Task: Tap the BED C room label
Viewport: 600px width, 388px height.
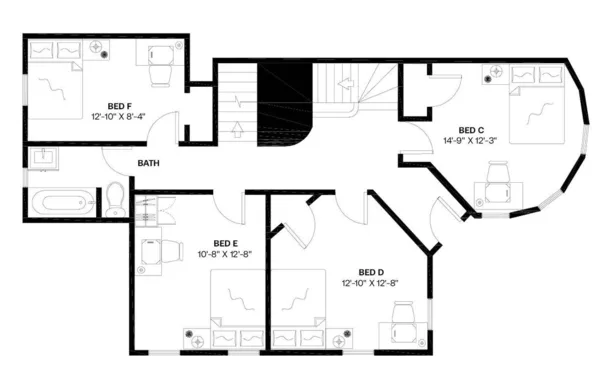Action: tap(471, 129)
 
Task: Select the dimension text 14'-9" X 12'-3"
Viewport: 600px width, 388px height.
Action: tap(471, 141)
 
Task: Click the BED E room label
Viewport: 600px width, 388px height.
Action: tap(225, 243)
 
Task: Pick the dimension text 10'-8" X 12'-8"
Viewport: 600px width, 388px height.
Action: tap(225, 255)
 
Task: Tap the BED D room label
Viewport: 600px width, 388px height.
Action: tap(370, 272)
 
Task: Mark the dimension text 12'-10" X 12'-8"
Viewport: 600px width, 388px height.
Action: tap(370, 284)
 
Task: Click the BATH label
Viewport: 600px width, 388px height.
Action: tap(149, 163)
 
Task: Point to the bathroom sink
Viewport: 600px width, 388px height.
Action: tap(44, 159)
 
